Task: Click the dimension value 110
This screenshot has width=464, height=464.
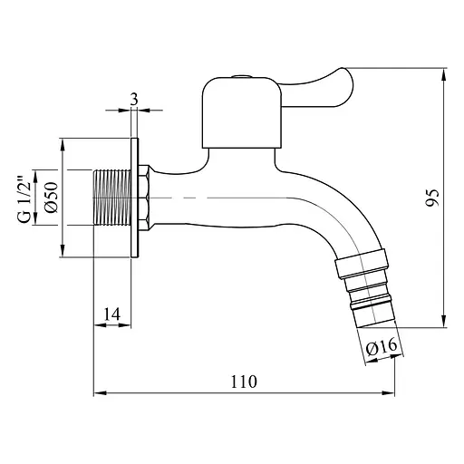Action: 244,382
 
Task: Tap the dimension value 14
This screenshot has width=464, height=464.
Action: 111,314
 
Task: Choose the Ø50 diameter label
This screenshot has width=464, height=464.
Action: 52,198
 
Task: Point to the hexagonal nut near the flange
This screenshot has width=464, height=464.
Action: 144,198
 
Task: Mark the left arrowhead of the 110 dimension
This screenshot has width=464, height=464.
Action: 98,393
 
